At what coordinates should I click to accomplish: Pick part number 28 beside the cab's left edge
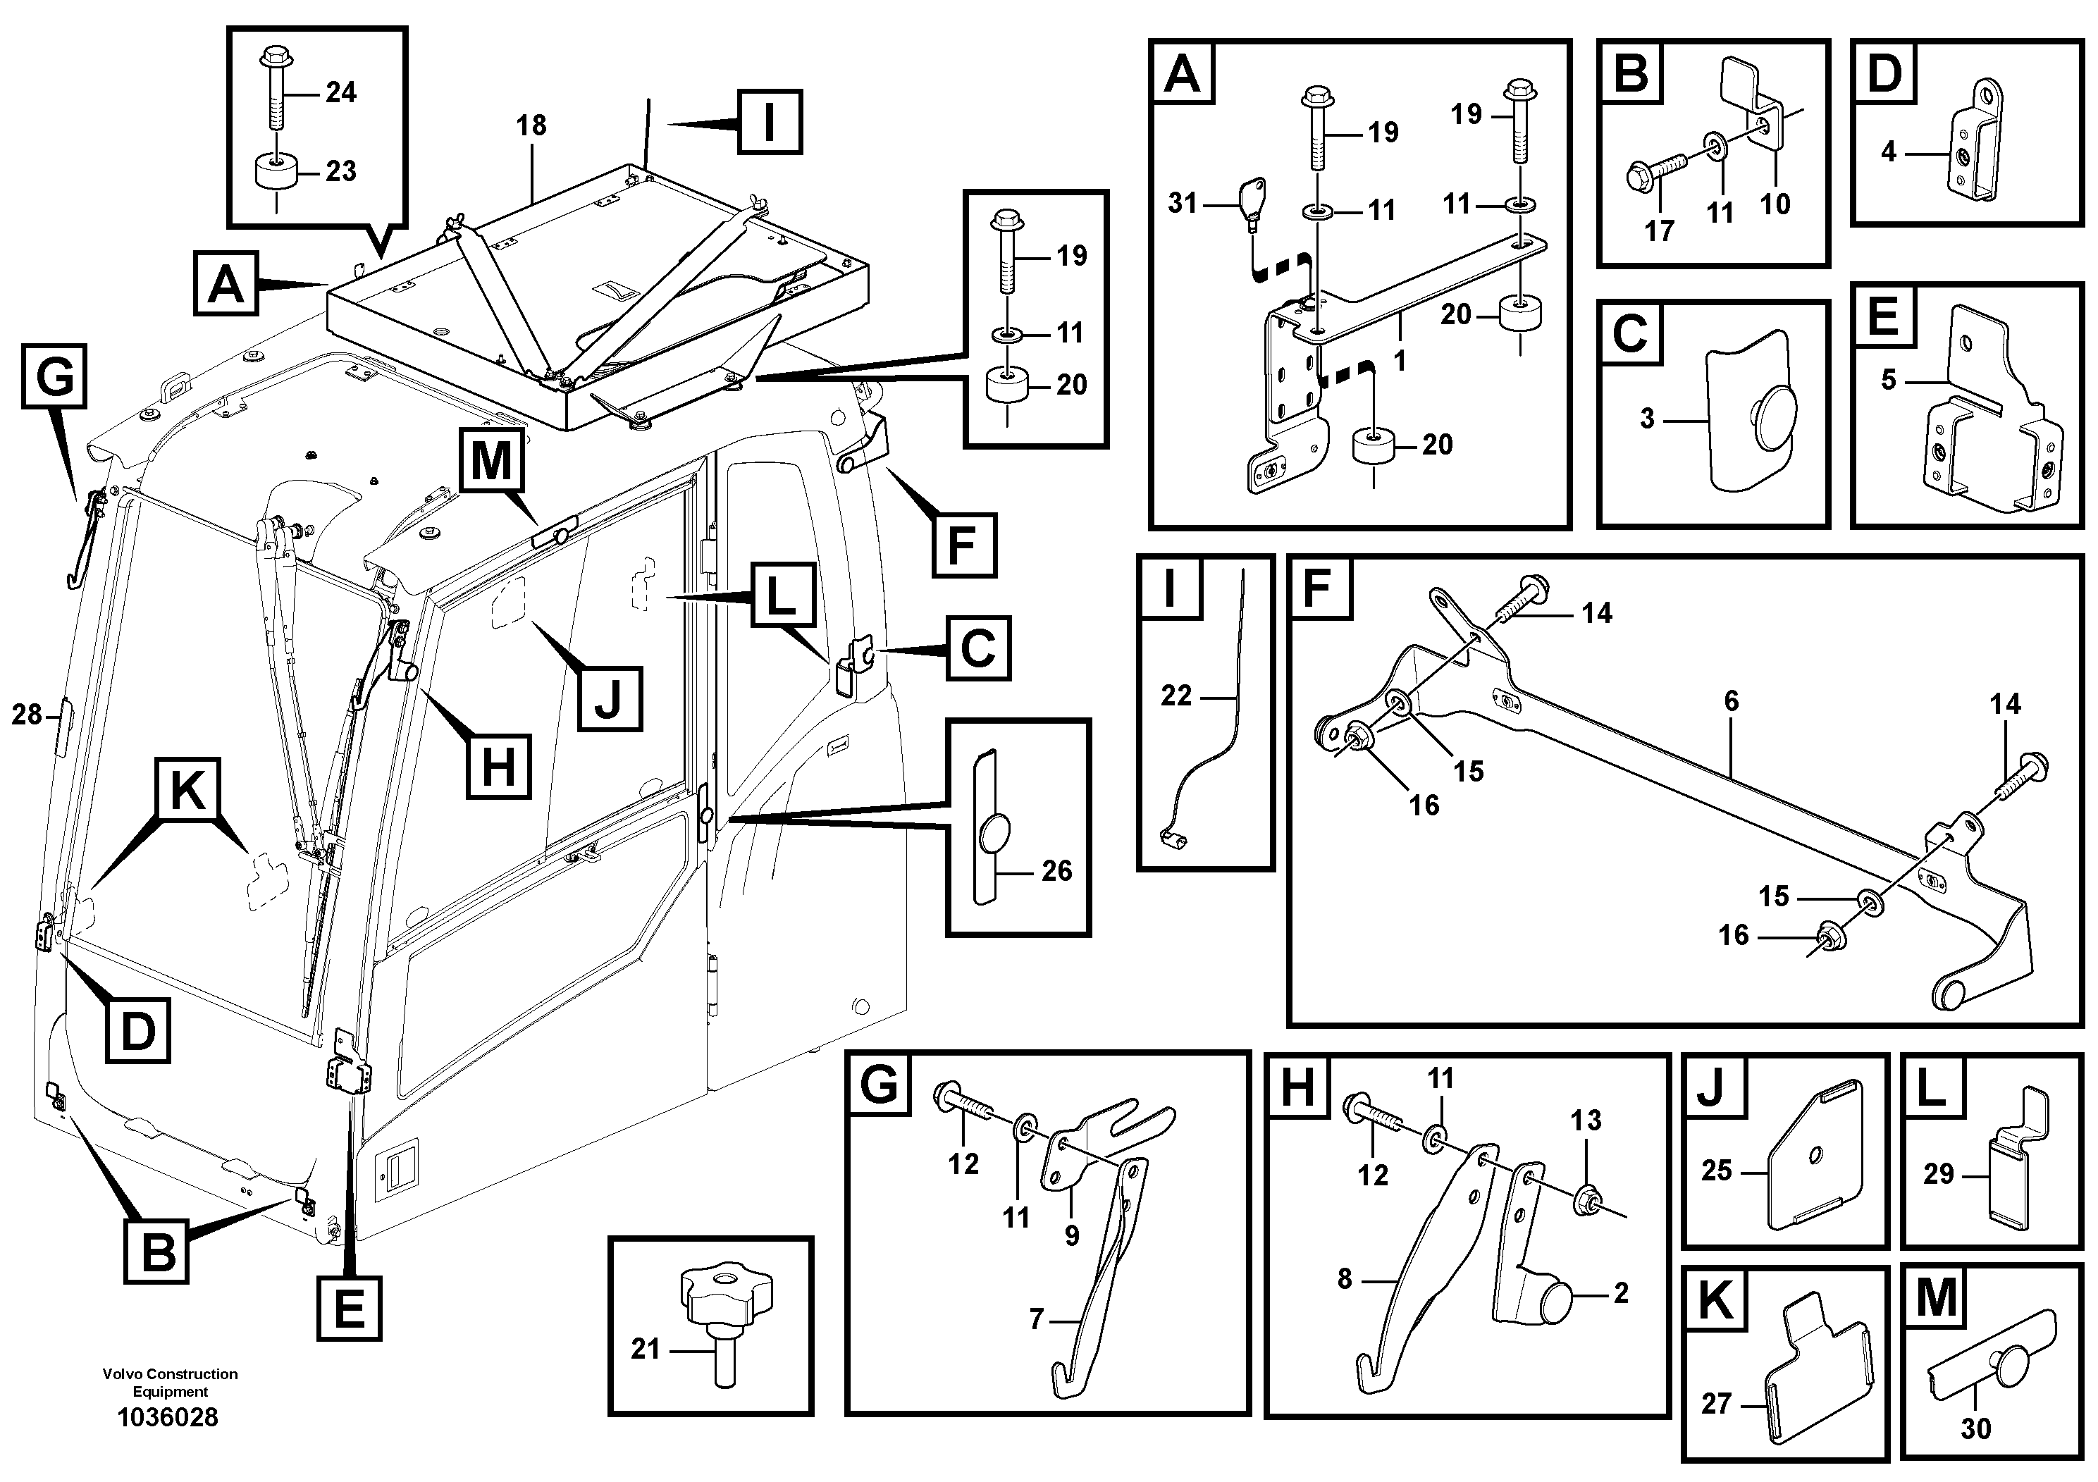(27, 715)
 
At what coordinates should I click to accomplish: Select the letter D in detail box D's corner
(1883, 74)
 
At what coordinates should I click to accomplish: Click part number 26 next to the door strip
(1056, 871)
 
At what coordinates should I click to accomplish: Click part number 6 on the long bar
(1731, 702)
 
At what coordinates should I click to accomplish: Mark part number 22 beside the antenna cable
(1176, 696)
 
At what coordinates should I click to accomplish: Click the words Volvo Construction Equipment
(170, 1383)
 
